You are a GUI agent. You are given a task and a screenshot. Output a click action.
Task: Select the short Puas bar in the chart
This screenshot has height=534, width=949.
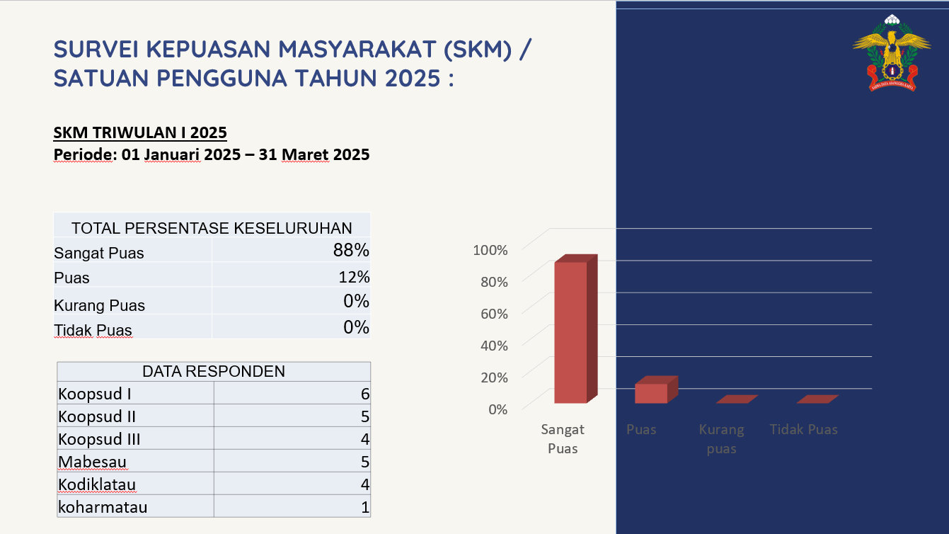coord(651,393)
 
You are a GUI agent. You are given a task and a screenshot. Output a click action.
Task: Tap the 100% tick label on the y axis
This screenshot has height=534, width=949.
coord(490,250)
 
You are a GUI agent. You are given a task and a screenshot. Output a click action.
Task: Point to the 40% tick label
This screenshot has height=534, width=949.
coord(490,346)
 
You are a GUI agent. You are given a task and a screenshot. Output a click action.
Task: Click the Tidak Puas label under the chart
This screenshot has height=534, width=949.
coord(803,430)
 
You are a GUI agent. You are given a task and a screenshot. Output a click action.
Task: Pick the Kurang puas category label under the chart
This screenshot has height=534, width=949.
coord(721,439)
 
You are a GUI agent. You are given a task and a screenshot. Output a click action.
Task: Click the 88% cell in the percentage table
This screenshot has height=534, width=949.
coord(352,250)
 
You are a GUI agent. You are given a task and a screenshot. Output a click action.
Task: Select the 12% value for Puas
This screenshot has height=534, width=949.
coord(354,277)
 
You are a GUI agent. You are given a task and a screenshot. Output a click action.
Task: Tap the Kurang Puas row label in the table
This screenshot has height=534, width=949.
coord(99,306)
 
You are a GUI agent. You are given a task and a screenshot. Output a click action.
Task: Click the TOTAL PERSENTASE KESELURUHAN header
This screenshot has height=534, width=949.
coord(212,228)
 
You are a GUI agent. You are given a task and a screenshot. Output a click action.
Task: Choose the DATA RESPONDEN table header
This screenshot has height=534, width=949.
coord(214,371)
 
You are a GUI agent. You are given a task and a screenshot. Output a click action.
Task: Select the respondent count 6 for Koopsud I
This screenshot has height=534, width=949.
coord(365,394)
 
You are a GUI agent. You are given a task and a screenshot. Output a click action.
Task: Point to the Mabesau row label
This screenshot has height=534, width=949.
coord(93,462)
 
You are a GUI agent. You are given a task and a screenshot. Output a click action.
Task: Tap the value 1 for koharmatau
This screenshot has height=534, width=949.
coord(365,507)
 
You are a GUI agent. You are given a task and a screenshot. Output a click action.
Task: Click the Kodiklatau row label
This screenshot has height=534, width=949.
coord(97,485)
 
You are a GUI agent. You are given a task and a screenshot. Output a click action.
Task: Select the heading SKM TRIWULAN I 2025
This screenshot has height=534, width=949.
coord(140,132)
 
